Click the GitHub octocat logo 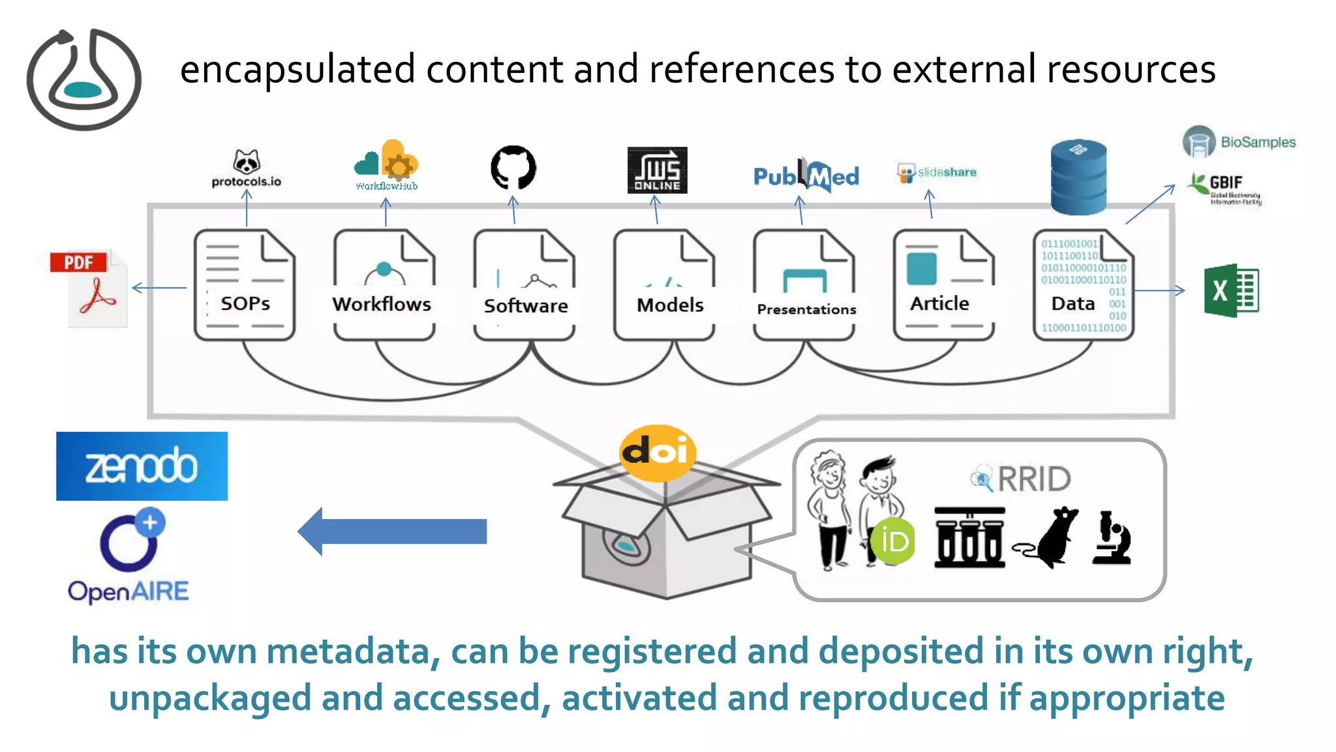pos(513,168)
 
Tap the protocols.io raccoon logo pos(247,168)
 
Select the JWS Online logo pos(657,170)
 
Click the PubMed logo pos(806,175)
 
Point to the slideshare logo pos(937,173)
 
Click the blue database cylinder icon pos(1078,177)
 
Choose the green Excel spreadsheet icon pos(1231,291)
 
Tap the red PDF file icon pos(89,289)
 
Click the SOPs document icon pos(245,285)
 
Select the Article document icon pos(943,285)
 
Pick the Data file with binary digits pos(1084,285)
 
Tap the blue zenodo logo pos(142,466)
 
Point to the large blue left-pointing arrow pos(392,531)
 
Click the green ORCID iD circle pos(893,541)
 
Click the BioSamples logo pos(1239,142)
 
